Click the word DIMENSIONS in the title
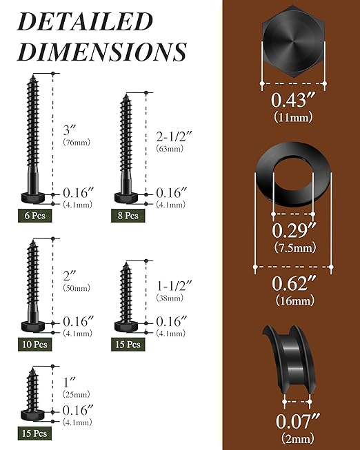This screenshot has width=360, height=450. click(x=101, y=52)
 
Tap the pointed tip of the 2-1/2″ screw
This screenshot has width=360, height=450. click(x=126, y=96)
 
